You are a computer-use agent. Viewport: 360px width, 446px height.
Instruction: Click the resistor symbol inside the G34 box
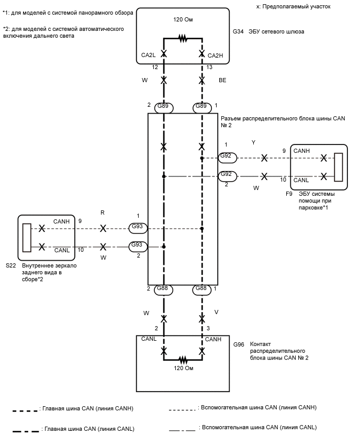tap(183, 38)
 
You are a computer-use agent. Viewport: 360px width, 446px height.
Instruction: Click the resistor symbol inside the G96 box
tap(183, 360)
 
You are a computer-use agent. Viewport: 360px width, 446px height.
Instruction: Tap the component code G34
tap(239, 31)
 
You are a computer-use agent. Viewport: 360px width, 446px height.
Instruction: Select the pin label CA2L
tap(150, 55)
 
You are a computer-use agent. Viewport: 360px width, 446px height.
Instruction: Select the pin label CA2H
tap(216, 55)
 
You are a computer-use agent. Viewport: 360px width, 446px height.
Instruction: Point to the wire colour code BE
tap(222, 81)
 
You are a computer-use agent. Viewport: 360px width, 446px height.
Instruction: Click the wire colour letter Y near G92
tap(253, 142)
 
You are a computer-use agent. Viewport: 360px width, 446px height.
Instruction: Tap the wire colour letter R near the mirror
tap(103, 213)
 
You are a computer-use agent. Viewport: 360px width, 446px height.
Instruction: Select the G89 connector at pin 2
tap(163, 107)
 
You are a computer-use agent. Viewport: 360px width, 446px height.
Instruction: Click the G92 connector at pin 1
tap(227, 157)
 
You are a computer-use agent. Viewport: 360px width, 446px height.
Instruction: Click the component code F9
tap(289, 194)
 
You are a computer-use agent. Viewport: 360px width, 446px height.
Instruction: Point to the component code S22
tap(11, 266)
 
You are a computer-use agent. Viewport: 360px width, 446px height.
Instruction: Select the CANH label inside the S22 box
tap(62, 221)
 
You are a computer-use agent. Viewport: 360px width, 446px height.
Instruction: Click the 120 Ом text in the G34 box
tap(183, 19)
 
